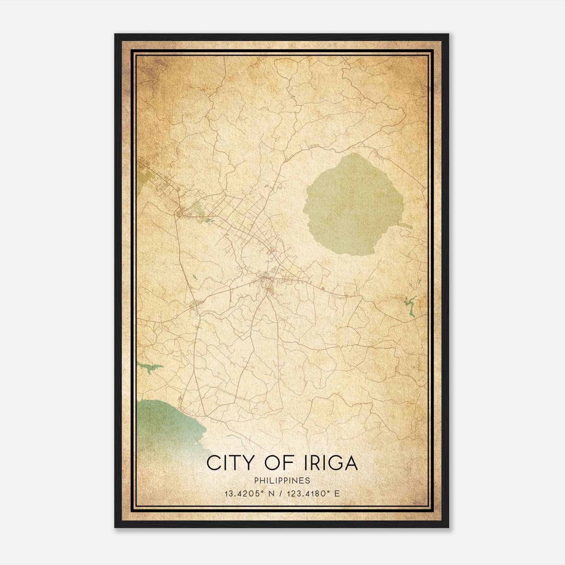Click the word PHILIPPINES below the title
point(282,481)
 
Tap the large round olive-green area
point(350,205)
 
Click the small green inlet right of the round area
point(405,225)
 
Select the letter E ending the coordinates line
point(338,494)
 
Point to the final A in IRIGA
point(350,463)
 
